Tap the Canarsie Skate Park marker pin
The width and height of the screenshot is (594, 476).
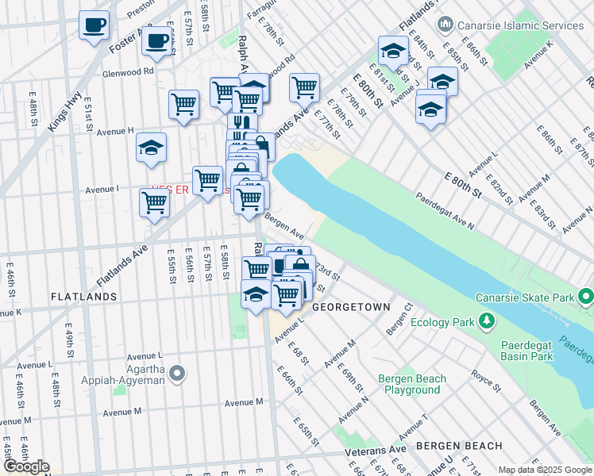(x=586, y=298)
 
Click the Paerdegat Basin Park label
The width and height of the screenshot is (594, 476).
(x=538, y=351)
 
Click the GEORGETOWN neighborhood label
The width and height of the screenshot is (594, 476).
(x=351, y=307)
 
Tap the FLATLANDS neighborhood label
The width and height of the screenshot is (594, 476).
(x=83, y=296)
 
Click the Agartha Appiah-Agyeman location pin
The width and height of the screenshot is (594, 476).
(x=177, y=372)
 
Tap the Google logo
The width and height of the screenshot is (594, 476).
(x=25, y=467)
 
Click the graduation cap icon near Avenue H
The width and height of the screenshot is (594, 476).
(x=150, y=147)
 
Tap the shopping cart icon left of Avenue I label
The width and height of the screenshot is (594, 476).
(x=154, y=202)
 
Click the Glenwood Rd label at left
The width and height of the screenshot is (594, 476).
(x=128, y=71)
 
